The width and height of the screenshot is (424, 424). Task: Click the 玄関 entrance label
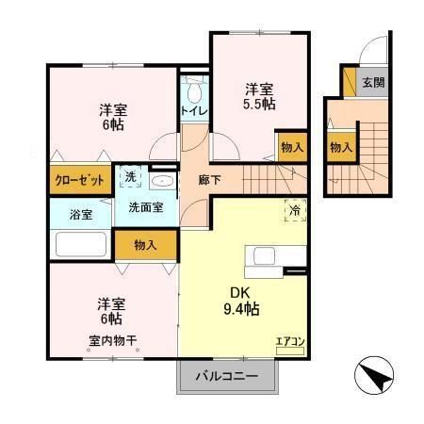tap(374, 82)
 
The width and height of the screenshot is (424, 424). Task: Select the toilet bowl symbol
tap(194, 90)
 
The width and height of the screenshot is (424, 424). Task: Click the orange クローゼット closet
tap(79, 180)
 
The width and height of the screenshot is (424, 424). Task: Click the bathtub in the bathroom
tap(80, 244)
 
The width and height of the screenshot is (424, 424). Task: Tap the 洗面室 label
tap(145, 206)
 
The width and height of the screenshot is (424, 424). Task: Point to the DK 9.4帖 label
tap(241, 300)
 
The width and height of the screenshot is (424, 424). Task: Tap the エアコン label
tap(289, 343)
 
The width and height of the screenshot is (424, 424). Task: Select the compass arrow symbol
tap(374, 379)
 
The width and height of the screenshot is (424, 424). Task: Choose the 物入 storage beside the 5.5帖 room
tap(292, 146)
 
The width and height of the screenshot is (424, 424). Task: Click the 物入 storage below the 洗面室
tap(145, 246)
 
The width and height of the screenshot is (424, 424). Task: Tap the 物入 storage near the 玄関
tap(340, 147)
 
